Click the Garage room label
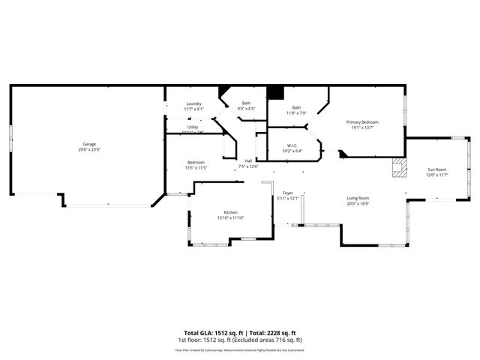click(x=89, y=144)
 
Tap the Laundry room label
click(x=194, y=104)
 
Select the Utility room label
click(x=193, y=127)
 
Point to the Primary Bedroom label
click(x=362, y=122)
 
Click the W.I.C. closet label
click(x=293, y=145)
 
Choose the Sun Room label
click(x=437, y=169)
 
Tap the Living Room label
click(x=358, y=198)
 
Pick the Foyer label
click(x=287, y=193)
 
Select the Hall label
click(x=248, y=160)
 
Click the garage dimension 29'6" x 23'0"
click(x=89, y=149)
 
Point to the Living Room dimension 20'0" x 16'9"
click(x=358, y=203)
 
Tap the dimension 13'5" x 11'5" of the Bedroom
click(x=196, y=167)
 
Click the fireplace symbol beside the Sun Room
click(x=398, y=168)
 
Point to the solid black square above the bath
click(x=275, y=92)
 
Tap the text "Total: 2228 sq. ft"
click(x=271, y=333)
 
